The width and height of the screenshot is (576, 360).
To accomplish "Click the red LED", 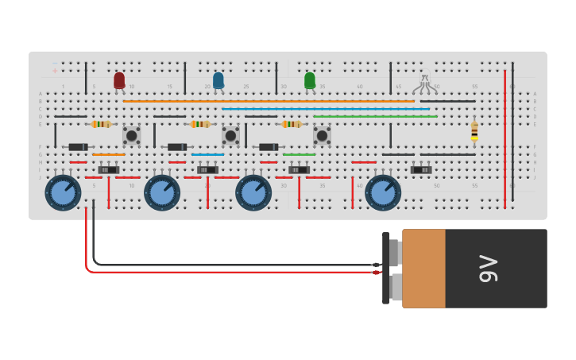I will click(x=119, y=80).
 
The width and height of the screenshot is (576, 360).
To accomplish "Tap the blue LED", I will click(x=218, y=80).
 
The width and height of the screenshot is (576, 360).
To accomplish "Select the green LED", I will click(x=310, y=80).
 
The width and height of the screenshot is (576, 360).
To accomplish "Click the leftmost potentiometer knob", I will click(x=63, y=192).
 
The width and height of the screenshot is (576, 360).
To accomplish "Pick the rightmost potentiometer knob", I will click(x=383, y=192).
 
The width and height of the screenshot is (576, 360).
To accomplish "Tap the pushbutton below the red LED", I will click(x=132, y=136).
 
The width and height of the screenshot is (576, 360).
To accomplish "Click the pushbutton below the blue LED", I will click(x=230, y=136).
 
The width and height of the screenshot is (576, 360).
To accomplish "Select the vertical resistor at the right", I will click(x=474, y=130).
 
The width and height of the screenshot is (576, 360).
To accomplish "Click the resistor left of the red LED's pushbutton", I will click(x=101, y=124).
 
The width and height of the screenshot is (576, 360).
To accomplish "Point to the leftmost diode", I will click(x=78, y=147).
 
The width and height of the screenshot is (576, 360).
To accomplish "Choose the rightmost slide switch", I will click(x=421, y=169).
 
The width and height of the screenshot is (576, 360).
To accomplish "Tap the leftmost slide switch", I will click(x=109, y=169).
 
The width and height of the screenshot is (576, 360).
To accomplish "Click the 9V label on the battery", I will click(x=488, y=269).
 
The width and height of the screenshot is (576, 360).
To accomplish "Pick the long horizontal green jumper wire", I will click(x=375, y=117).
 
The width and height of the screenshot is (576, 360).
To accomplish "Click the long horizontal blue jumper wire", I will click(x=326, y=109).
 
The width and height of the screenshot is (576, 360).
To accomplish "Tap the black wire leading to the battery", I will click(x=238, y=264).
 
